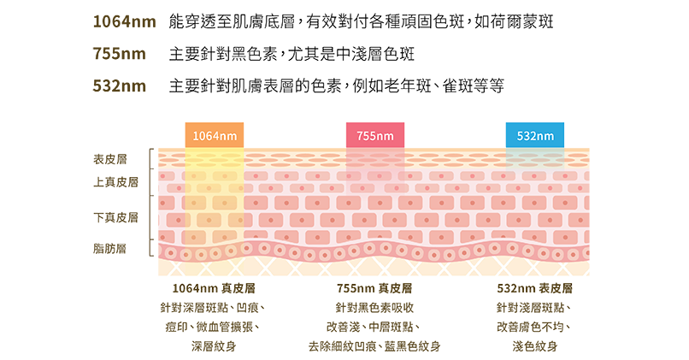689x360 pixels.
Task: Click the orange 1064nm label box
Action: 215,135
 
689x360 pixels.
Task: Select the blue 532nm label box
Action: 534,135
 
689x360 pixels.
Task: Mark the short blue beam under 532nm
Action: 534,156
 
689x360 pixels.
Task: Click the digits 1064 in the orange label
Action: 206,136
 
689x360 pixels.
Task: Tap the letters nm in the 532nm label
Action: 547,136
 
